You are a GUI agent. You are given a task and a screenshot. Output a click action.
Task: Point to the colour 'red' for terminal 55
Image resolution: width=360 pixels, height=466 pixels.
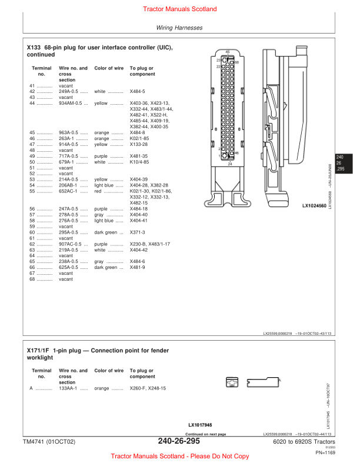(x=99, y=191)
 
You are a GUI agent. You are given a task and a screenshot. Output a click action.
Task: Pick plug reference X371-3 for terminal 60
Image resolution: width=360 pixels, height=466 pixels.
(x=138, y=232)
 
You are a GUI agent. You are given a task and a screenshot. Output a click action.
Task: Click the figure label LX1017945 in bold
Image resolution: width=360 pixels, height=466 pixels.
(x=201, y=424)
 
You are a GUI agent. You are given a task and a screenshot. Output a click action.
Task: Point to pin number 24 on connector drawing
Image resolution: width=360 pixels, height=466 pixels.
(x=230, y=164)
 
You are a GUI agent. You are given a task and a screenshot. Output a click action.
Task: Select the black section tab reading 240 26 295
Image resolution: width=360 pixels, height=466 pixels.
(x=339, y=163)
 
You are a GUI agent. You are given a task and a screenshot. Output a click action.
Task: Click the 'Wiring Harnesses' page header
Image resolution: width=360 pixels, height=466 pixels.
(x=179, y=28)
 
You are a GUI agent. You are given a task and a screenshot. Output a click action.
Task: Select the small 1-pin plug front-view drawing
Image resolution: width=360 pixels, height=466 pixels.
(x=231, y=382)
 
